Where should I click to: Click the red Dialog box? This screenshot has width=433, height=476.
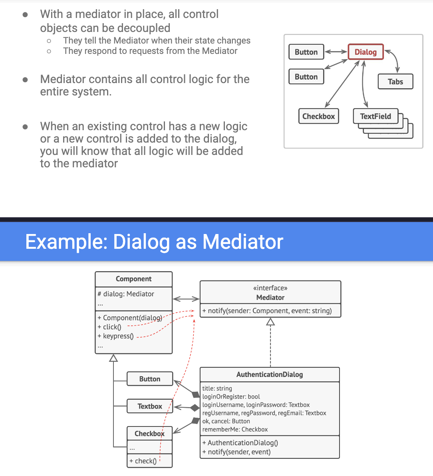click(365, 52)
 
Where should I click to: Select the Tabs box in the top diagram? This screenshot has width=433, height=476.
click(395, 81)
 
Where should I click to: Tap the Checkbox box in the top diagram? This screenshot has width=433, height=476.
click(318, 116)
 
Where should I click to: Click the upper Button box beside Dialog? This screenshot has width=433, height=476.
click(306, 52)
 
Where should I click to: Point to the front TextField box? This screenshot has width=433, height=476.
click(375, 116)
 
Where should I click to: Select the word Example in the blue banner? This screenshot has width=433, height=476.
click(66, 242)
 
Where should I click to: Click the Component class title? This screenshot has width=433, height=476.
click(133, 279)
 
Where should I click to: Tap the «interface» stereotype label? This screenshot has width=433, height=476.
click(270, 288)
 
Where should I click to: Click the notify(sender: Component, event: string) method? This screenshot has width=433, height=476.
click(267, 311)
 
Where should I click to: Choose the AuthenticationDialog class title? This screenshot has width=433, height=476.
click(270, 375)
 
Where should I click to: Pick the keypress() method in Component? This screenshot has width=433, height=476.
click(116, 336)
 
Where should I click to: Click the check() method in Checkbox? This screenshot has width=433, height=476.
click(143, 461)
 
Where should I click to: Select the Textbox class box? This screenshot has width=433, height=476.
click(150, 406)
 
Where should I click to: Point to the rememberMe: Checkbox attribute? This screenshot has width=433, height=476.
click(235, 429)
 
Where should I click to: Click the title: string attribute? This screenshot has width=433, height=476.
click(217, 388)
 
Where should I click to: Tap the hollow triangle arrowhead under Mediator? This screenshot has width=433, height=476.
click(270, 322)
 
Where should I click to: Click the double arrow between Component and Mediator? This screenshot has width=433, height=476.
click(186, 299)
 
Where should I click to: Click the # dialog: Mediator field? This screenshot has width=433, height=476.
click(126, 294)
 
